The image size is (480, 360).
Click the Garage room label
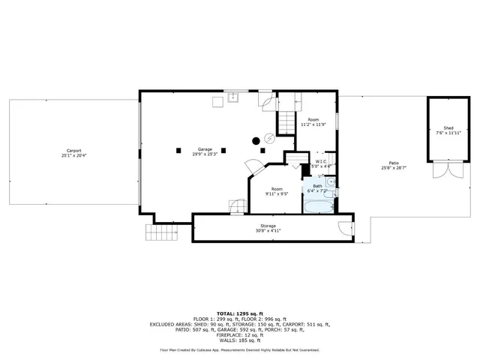point(205,148)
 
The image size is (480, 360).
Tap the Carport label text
point(73,151)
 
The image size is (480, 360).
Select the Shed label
point(449,128)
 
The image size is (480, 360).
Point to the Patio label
point(394,163)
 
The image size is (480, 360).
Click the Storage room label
point(268,226)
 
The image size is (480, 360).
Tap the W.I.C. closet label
point(320,161)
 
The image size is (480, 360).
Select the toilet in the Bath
point(332,193)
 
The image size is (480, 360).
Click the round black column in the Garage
point(256,140)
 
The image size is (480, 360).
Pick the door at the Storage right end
point(345,229)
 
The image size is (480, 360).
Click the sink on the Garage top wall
point(233,97)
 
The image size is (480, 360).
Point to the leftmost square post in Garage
point(178,150)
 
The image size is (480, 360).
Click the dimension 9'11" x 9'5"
point(277,193)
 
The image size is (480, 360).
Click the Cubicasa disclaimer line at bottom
point(239,349)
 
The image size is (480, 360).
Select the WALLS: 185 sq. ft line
point(239,340)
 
